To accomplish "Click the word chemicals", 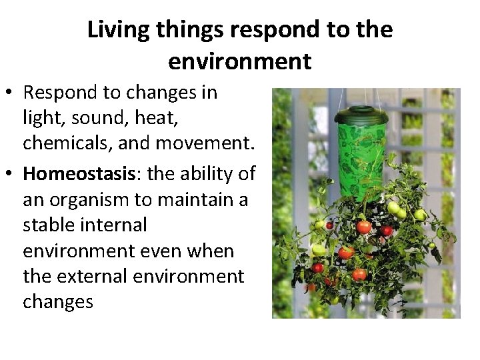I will coord(63,143).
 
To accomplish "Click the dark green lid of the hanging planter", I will coord(361,115).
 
